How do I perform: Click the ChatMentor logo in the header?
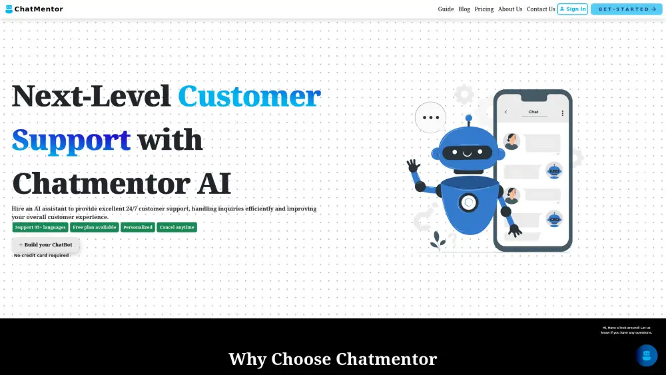tap(34, 9)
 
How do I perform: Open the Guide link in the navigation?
tap(446, 9)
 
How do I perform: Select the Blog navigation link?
tap(464, 9)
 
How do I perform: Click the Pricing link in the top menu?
tap(484, 9)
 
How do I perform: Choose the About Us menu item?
tap(509, 9)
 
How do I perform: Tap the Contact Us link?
tap(541, 9)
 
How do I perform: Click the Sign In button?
tap(573, 9)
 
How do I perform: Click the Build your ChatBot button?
tap(45, 244)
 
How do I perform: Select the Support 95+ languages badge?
tap(41, 227)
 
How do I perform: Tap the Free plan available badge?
tap(95, 227)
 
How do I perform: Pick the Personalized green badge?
tap(138, 227)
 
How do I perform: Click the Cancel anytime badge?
tap(176, 227)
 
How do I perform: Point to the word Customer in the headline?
tap(249, 96)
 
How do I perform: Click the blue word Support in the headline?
tap(71, 141)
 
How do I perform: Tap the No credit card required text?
tap(41, 255)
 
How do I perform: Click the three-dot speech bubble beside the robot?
tap(431, 117)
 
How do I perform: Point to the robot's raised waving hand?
tap(413, 165)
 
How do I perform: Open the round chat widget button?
tap(647, 355)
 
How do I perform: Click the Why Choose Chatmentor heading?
tap(332, 359)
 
